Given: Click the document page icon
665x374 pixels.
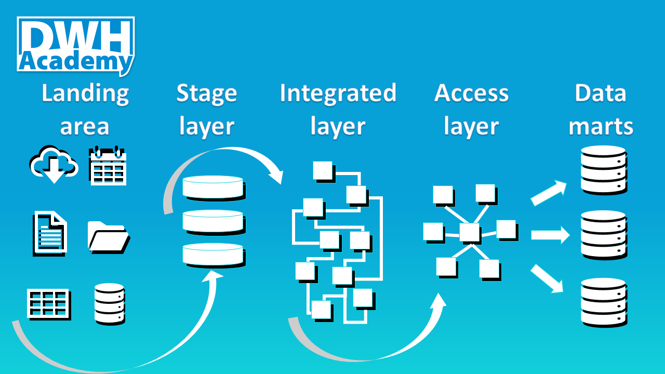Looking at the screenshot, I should (x=50, y=233).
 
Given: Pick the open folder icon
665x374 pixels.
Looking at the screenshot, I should (x=108, y=237).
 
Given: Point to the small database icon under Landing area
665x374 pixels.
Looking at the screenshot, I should (x=110, y=304).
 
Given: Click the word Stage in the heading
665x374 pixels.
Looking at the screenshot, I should (x=206, y=94).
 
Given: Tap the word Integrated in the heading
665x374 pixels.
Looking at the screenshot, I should (x=338, y=94).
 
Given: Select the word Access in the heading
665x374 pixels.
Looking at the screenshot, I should (x=471, y=94).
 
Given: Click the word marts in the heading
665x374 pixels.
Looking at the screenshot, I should (x=601, y=126).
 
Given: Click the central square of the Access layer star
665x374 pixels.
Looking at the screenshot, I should (x=469, y=232).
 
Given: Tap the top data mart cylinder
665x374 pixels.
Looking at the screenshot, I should (x=603, y=169).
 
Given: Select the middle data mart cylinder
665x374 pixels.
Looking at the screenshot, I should (x=603, y=234).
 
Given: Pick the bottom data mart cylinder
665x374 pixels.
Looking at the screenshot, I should (x=603, y=302).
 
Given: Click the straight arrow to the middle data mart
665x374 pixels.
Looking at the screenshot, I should (x=550, y=235).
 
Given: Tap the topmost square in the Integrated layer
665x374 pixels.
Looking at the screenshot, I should (x=322, y=170).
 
